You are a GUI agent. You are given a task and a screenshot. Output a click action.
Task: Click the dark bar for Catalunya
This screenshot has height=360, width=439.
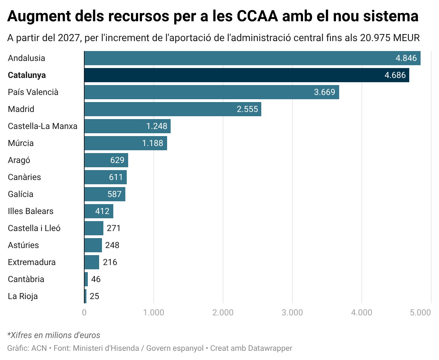pos(246,75)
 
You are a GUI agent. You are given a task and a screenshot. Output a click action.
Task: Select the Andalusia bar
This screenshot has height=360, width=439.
pos(252,58)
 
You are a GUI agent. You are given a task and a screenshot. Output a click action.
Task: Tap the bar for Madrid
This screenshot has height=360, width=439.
pos(172,109)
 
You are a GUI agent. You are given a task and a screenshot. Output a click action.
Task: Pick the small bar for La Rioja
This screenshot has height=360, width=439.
pos(85,296)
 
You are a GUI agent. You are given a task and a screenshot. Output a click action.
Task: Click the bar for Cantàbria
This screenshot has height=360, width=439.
pos(86,279)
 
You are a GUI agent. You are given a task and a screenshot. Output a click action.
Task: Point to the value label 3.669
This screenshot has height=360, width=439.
pos(324,92)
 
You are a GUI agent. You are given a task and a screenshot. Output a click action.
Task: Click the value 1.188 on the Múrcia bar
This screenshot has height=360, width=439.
pos(153,143)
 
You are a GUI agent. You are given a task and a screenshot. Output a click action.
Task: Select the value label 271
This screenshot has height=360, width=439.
pos(114,228)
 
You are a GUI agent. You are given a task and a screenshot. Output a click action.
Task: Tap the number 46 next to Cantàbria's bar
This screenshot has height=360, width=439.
pos(96,279)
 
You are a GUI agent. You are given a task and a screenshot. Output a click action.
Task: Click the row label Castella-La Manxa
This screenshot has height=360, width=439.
pos(42,126)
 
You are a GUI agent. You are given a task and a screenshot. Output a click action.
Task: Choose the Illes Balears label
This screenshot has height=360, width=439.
pos(30,211)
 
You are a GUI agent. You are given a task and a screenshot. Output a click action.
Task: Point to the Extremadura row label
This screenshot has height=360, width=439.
pos(32,262)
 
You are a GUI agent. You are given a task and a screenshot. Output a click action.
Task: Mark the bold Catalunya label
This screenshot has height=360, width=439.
pos(27,75)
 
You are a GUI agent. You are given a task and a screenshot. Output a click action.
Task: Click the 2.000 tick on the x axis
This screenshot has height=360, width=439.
pos(223,313)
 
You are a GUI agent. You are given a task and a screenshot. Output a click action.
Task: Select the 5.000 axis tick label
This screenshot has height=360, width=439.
pos(420,313)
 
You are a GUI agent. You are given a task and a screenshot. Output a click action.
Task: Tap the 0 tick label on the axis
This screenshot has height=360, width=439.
pos(84,313)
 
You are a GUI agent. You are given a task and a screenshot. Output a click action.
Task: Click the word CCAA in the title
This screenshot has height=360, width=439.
pos(257,16)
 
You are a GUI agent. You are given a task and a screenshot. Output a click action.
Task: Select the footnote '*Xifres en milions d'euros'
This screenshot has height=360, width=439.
pos(54,335)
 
